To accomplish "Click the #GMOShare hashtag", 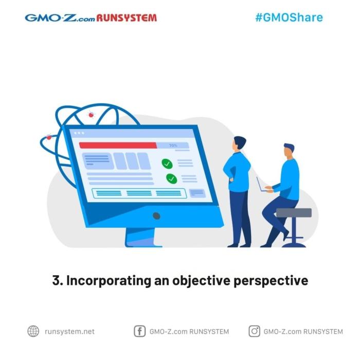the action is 289,17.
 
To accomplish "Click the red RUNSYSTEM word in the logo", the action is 127,18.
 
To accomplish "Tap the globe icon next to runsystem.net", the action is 33,331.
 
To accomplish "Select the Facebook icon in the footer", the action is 139,331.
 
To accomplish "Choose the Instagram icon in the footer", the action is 255,331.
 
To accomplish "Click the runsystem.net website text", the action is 69,332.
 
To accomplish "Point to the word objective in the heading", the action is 201,281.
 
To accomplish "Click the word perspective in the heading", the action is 271,281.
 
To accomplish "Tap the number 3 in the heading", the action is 56,280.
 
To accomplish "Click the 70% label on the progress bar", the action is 173,146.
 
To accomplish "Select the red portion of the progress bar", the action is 118,146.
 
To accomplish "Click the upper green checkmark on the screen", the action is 167,164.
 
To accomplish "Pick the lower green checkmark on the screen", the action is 171,178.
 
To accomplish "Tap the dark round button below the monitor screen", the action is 156,216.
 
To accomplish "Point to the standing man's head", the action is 239,143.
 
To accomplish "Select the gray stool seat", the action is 294,213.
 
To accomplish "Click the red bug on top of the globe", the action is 91,115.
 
